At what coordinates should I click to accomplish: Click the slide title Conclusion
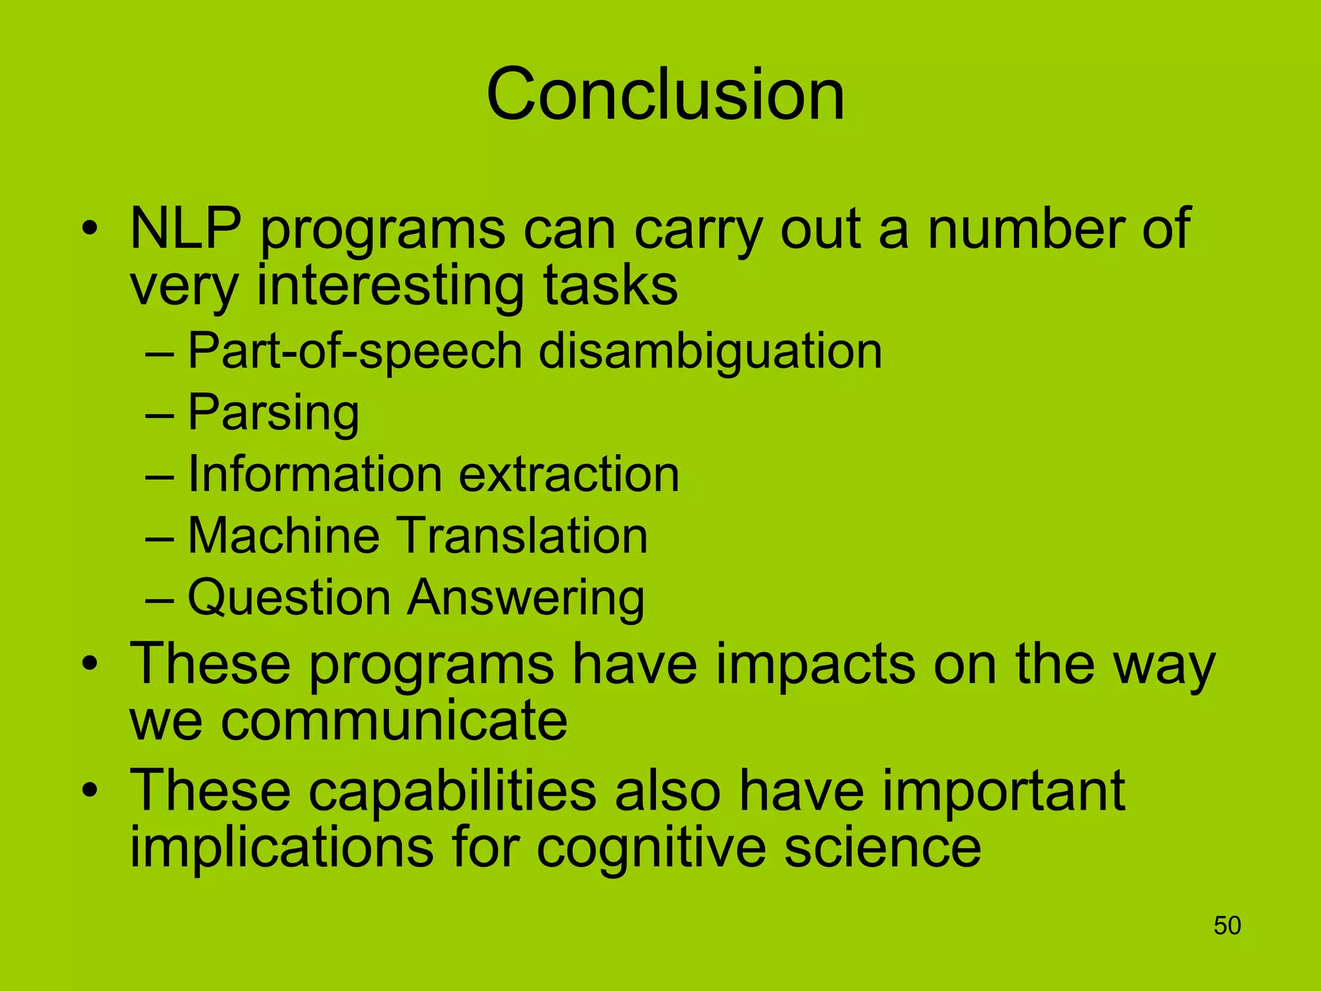coord(665,95)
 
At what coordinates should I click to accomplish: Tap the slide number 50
coord(1227,926)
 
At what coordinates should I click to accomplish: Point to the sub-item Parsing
coord(273,413)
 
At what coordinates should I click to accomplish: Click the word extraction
coord(569,474)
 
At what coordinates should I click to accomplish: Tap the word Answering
coord(526,597)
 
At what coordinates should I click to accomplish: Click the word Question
coord(288,597)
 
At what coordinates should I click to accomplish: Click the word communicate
coord(394,721)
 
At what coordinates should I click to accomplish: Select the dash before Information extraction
coord(159,475)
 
